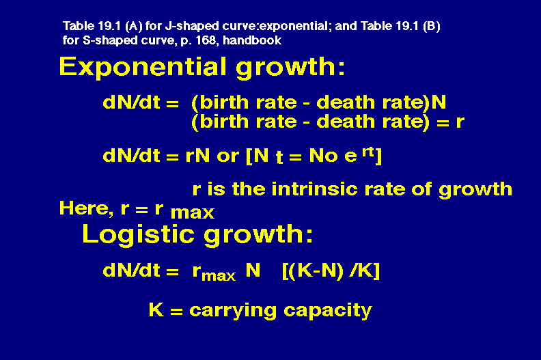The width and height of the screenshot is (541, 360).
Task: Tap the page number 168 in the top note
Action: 206,40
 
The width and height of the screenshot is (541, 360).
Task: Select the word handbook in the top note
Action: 252,40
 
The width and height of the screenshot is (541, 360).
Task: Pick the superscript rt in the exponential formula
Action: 368,152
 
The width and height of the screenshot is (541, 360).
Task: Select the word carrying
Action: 233,311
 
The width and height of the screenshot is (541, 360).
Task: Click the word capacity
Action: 327,311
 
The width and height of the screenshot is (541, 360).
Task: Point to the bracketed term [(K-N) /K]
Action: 331,271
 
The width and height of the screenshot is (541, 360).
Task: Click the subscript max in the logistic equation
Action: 219,276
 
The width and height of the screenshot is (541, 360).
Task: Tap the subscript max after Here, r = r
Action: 193,212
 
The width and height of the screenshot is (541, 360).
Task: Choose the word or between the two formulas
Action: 227,156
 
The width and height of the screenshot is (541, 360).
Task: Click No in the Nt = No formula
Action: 323,156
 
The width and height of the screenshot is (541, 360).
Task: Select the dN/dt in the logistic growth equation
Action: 131,271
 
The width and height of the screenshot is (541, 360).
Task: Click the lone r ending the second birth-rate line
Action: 460,122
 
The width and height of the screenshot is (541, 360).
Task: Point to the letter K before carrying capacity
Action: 156,309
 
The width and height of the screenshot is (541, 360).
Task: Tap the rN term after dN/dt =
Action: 197,156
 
